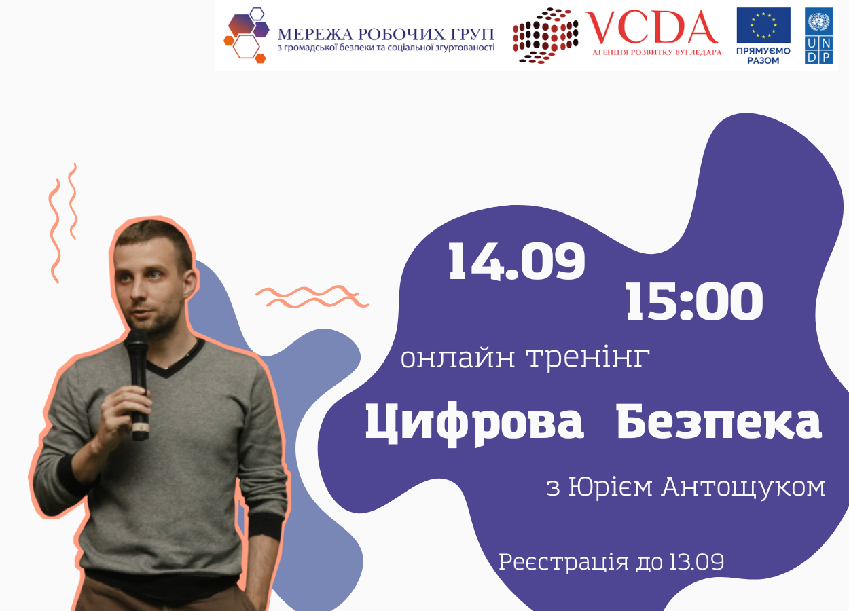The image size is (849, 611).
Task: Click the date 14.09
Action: tap(516, 262)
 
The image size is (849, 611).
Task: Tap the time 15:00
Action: tap(693, 301)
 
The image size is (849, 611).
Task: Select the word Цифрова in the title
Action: tap(475, 424)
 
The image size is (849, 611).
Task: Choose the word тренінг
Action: tap(588, 358)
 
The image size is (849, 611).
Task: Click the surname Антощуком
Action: tap(744, 487)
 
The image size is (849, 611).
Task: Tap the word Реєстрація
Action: tap(562, 562)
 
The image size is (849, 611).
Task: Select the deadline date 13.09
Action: tap(697, 561)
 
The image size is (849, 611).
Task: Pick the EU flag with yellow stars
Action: tap(763, 25)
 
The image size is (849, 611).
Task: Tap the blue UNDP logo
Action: tap(819, 36)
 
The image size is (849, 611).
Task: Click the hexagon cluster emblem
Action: tap(247, 35)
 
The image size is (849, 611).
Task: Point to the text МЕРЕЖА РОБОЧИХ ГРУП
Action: tap(386, 35)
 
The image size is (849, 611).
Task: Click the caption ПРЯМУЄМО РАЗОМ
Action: tap(763, 56)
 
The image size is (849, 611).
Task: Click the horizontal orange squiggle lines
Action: tap(312, 296)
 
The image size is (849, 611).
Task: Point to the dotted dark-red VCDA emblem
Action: tap(545, 35)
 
